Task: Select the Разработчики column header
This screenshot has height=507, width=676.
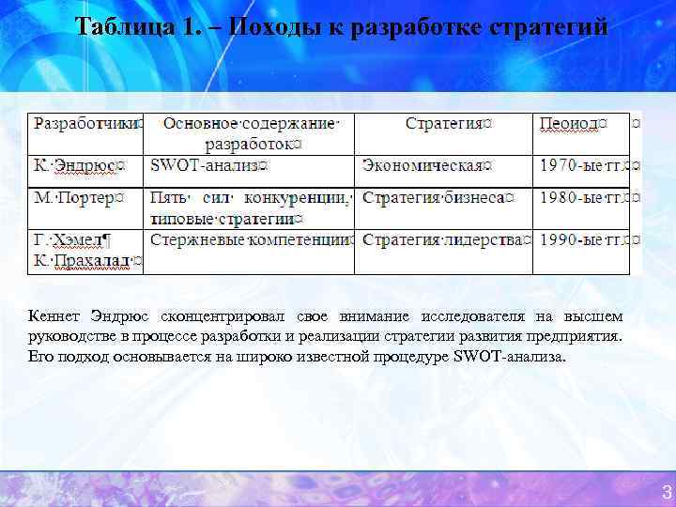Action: [87, 123]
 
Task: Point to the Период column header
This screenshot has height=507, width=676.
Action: [572, 123]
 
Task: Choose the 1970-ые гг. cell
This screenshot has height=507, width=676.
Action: [582, 165]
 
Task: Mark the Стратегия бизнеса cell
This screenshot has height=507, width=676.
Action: [438, 198]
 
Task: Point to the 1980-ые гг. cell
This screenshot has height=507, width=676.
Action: [582, 198]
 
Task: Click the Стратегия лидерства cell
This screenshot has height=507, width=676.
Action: [442, 239]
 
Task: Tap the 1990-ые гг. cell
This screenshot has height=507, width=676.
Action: [582, 239]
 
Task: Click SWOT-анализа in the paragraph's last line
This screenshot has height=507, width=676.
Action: [510, 358]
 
